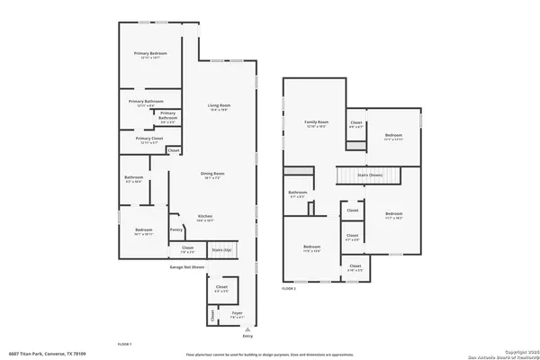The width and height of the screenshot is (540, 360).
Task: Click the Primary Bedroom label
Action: click(149, 55)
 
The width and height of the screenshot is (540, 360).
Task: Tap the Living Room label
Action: click(216, 107)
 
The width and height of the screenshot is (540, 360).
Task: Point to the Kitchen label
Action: click(204, 216)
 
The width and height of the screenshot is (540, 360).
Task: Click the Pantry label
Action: click(176, 229)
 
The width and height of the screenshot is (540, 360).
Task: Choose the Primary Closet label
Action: click(149, 139)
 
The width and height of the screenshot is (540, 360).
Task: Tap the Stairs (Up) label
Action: click(220, 248)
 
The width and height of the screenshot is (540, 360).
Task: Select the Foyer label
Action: click(237, 316)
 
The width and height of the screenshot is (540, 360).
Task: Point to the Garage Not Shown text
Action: click(187, 267)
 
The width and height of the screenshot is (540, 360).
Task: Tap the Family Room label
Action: click(315, 122)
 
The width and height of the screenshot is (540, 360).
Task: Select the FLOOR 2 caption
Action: click(289, 289)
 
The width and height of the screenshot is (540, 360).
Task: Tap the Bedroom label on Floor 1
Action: click(144, 230)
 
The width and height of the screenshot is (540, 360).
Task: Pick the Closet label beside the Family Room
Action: click(356, 123)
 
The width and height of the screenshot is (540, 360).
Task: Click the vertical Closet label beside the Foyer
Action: click(213, 316)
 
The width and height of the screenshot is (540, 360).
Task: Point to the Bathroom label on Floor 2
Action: click(298, 193)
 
